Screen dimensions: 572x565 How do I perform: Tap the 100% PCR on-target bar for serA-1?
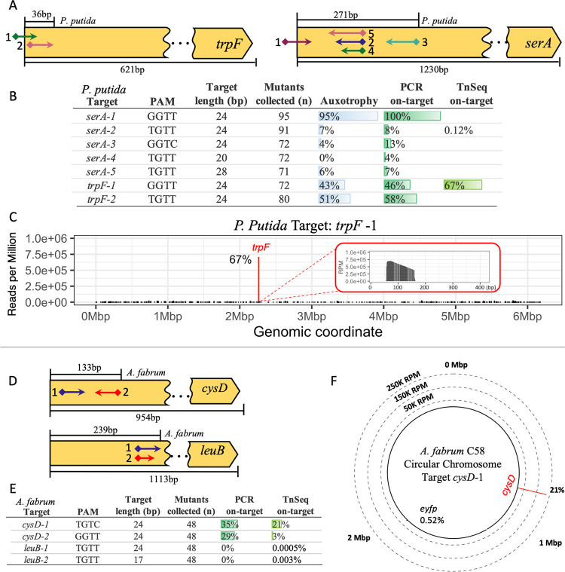411,115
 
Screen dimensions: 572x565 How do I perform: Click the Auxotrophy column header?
347,99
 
